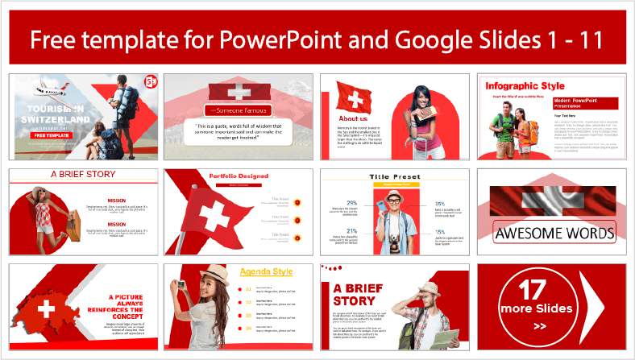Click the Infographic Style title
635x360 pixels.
[514, 86]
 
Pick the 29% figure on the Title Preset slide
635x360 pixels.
[352, 203]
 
